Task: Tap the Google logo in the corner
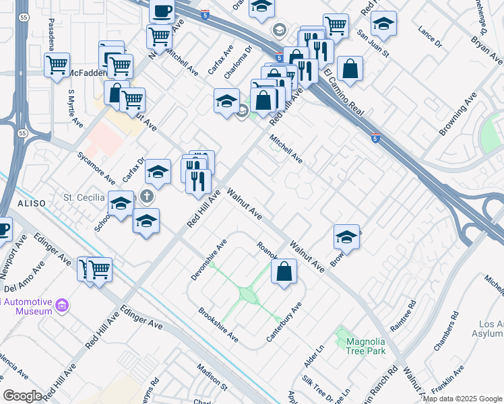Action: (22, 396)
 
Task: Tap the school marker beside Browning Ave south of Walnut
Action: (346, 237)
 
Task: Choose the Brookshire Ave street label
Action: (218, 324)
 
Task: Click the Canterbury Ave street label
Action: (284, 322)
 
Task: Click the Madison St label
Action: (212, 376)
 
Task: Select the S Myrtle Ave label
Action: (75, 108)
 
